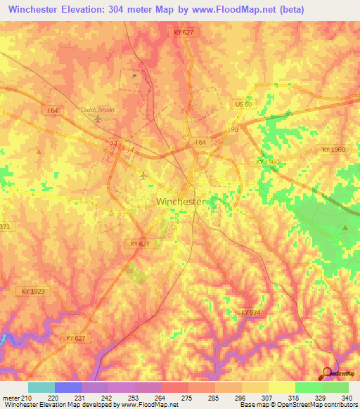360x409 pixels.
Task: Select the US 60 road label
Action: coord(243,104)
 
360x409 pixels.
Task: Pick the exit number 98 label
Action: coord(234,129)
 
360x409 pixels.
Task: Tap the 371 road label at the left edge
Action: coord(6,226)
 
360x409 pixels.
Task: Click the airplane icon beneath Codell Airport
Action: coord(98,119)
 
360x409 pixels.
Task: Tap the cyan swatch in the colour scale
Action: coord(41,387)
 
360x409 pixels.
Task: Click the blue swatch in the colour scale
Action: coord(68,387)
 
